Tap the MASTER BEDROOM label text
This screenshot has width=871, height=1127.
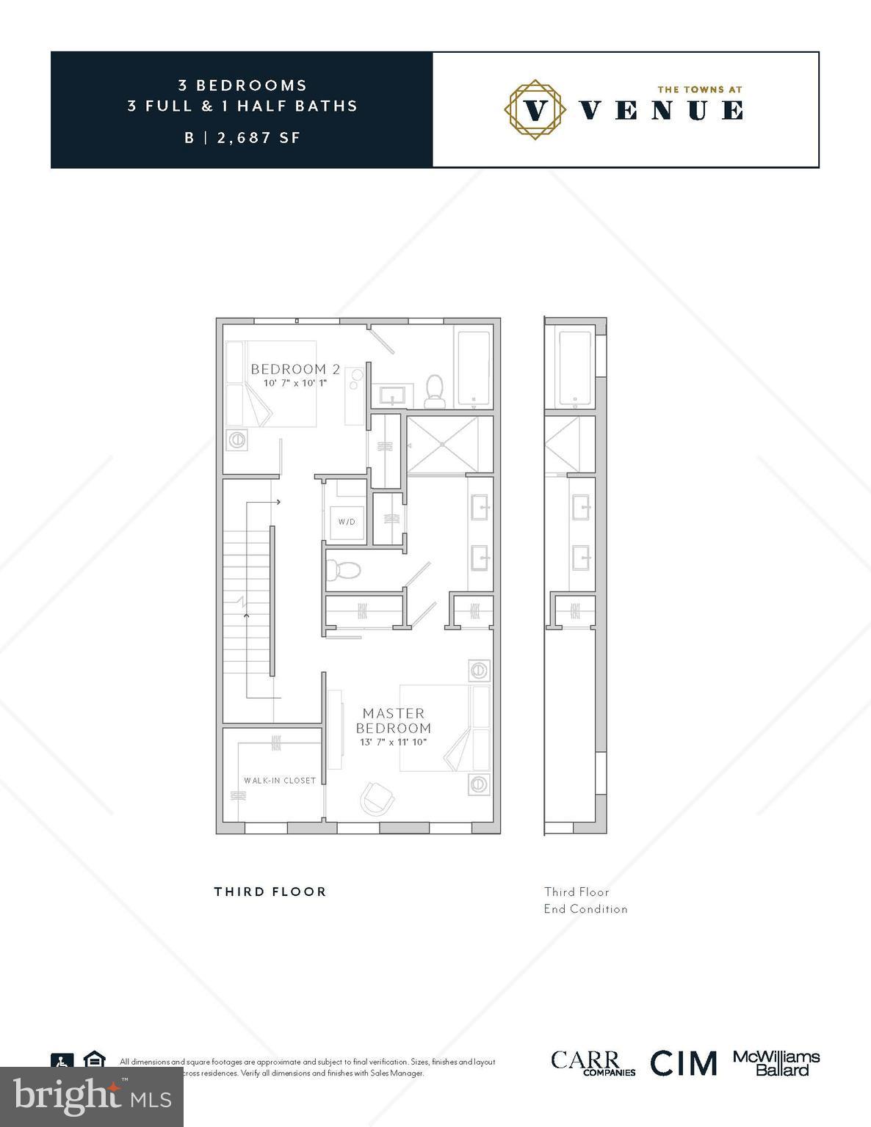click(393, 721)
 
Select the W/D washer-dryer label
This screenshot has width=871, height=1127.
click(347, 522)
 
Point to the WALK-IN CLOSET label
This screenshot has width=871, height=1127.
click(280, 780)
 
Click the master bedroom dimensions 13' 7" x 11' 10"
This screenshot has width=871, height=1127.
click(393, 742)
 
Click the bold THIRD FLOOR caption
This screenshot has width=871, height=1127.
click(270, 891)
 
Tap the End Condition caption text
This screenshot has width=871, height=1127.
click(585, 908)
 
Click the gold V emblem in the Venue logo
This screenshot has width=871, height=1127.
click(536, 109)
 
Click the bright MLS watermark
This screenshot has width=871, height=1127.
click(92, 1097)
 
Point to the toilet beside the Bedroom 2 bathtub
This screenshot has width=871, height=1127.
click(435, 390)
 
